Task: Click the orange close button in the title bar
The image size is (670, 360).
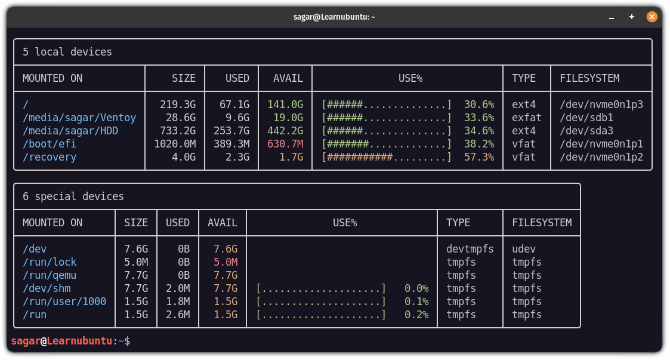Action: tap(652, 17)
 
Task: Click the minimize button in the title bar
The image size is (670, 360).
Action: tap(612, 17)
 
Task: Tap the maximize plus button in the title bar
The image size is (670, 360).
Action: tap(632, 17)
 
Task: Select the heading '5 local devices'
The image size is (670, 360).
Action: tap(67, 52)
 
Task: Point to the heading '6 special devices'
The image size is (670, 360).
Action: tap(73, 196)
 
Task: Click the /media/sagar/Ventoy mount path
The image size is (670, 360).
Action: tap(79, 118)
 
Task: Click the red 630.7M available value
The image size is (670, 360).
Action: tap(285, 144)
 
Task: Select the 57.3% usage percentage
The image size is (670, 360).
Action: tap(478, 157)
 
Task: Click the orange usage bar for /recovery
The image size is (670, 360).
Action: tap(387, 157)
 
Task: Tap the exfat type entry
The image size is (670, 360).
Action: tap(527, 118)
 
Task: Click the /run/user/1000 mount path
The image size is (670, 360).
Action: tap(64, 301)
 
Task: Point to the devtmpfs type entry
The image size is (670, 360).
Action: tap(470, 249)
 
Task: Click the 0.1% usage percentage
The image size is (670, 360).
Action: tap(416, 301)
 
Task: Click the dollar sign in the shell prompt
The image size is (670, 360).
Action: tap(127, 341)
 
